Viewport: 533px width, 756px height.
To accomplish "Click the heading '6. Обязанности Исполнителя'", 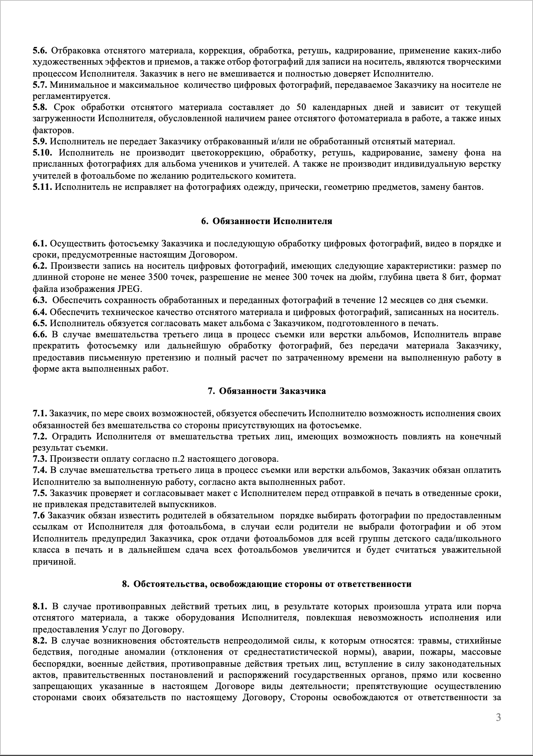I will [266, 221].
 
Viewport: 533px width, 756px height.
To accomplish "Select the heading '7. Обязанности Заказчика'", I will [266, 391].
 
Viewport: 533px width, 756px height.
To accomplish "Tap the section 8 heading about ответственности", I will [266, 584].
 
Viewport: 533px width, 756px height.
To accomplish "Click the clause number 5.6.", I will [40, 51].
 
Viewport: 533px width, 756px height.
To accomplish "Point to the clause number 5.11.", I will [42, 187].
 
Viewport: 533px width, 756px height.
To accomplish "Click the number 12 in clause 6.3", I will [380, 300].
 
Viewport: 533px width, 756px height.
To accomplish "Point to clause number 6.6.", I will [40, 334].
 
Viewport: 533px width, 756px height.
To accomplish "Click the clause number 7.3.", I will [40, 459].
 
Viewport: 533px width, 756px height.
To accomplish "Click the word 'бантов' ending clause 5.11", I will [470, 187].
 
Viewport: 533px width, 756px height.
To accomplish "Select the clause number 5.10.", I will [42, 153].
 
